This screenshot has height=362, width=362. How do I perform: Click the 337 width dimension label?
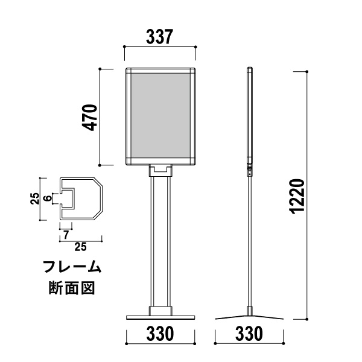coord(159,37)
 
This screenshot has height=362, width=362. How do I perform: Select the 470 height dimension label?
coord(90,118)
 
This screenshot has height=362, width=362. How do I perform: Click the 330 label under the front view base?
coord(160,334)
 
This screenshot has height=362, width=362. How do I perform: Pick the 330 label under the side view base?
coord(249,334)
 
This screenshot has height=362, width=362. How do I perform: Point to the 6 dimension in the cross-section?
coord(47,198)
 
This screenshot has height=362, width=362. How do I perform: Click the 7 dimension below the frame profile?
coord(66,235)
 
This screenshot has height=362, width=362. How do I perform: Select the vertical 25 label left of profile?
coord(35,198)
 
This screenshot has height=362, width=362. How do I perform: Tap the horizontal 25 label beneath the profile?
coord(81,247)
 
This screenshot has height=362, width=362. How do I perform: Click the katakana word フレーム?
coord(72,267)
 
